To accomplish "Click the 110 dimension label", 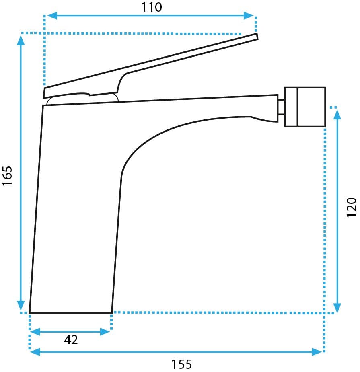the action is pos(152,7).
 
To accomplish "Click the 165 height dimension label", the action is pos(7,176).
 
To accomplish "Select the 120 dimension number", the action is pos(352,207).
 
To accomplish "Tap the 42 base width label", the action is pos(71,340).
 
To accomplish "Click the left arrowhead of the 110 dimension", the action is pos(52,16).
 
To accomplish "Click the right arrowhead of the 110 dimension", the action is pos(249,16).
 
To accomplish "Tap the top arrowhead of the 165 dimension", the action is pos(21,40).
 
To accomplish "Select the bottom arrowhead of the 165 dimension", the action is pos(21,305).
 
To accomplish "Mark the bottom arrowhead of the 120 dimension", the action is pos(337,308).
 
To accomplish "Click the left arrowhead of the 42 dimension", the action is pos(35,332).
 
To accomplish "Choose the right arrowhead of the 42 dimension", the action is pos(105,332).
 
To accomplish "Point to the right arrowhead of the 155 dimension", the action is pos(317,351).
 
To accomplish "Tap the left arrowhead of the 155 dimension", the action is pos(35,351).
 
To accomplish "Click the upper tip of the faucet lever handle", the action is pos(257,34).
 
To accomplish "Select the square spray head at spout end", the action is pos(305,107).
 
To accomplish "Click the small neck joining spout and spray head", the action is pos(281,107).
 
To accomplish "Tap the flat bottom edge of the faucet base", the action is pos(71,313).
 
